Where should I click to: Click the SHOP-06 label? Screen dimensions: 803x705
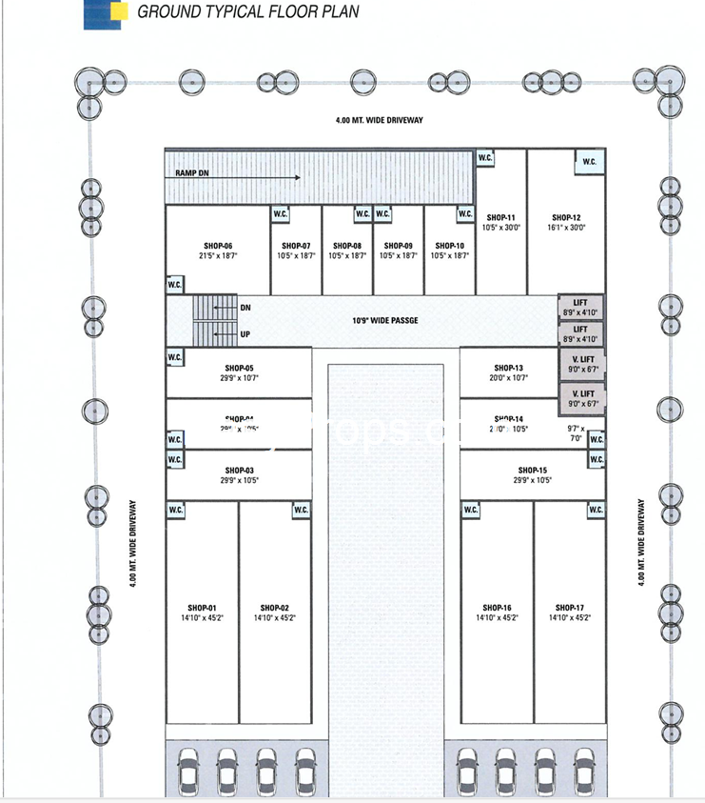216,246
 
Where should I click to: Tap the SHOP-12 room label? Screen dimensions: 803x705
565,218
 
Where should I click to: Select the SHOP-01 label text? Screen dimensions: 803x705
202,608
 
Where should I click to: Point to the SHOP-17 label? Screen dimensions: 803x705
569,608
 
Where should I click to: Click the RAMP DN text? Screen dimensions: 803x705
192,173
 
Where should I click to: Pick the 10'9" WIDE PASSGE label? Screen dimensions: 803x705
385,320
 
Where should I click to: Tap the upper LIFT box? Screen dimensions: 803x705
580,307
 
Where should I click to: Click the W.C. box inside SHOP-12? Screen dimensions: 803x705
589,162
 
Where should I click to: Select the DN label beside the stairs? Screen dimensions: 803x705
245,308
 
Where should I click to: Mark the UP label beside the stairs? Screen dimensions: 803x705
245,335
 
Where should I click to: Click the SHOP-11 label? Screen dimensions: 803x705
500,218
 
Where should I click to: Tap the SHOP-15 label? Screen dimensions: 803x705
533,471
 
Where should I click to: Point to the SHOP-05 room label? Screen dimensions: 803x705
240,369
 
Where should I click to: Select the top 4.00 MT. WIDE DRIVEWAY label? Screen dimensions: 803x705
379,120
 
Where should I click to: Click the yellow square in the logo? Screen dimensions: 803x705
117,10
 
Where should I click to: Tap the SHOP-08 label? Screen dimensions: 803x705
346,246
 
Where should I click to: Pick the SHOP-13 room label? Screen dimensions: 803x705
509,369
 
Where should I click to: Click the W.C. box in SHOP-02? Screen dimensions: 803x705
301,511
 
